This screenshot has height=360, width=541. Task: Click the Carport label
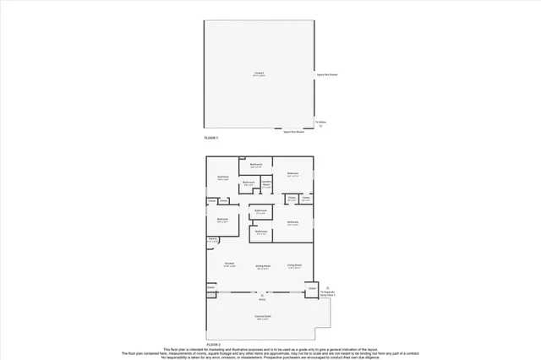tap(259, 73)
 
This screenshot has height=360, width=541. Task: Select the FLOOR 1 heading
tap(210, 137)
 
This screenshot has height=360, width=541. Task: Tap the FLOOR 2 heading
tap(214, 345)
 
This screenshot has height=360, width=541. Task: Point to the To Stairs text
tap(320, 121)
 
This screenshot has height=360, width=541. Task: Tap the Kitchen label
tap(229, 264)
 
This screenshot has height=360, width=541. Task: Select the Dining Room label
tap(263, 265)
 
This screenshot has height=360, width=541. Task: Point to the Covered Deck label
tap(262, 316)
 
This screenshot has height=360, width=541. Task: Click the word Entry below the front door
tap(262, 299)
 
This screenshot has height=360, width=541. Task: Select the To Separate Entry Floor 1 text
tap(327, 292)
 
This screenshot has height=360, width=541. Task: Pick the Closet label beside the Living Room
tap(312, 288)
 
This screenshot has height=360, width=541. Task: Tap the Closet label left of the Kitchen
tap(211, 286)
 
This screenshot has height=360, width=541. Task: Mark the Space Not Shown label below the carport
tap(294, 131)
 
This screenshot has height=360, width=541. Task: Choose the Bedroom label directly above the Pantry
tap(222, 219)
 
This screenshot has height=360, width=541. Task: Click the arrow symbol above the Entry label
tap(262, 294)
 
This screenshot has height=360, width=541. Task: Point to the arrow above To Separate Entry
tap(327, 286)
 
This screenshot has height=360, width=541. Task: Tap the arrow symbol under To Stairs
tap(320, 126)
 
